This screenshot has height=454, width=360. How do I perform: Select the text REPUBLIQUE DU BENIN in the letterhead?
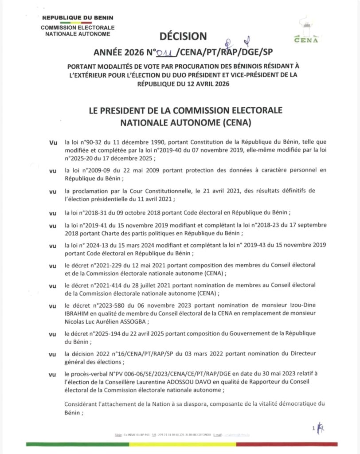78,18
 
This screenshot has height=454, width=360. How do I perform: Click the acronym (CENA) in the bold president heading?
240,120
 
